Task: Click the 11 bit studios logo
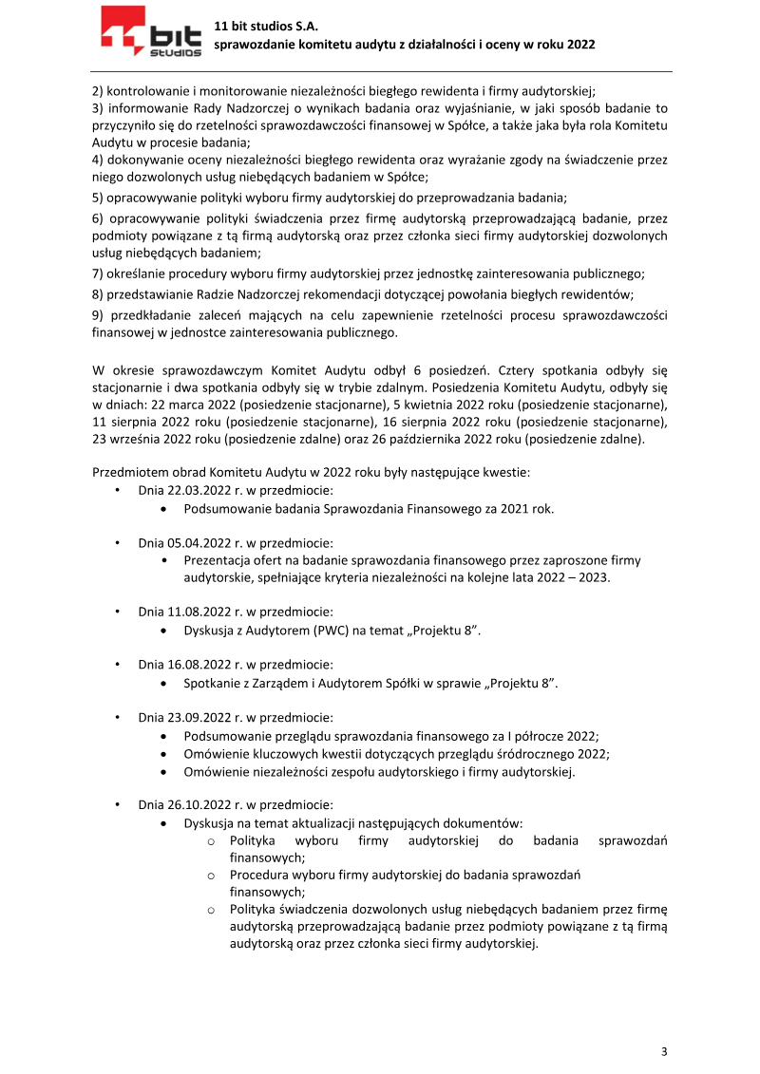151,32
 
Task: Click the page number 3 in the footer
664,1051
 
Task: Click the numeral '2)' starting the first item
98,92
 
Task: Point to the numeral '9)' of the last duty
98,315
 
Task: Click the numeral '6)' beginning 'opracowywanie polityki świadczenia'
98,218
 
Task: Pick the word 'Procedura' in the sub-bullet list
256,875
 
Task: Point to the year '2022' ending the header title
579,45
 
